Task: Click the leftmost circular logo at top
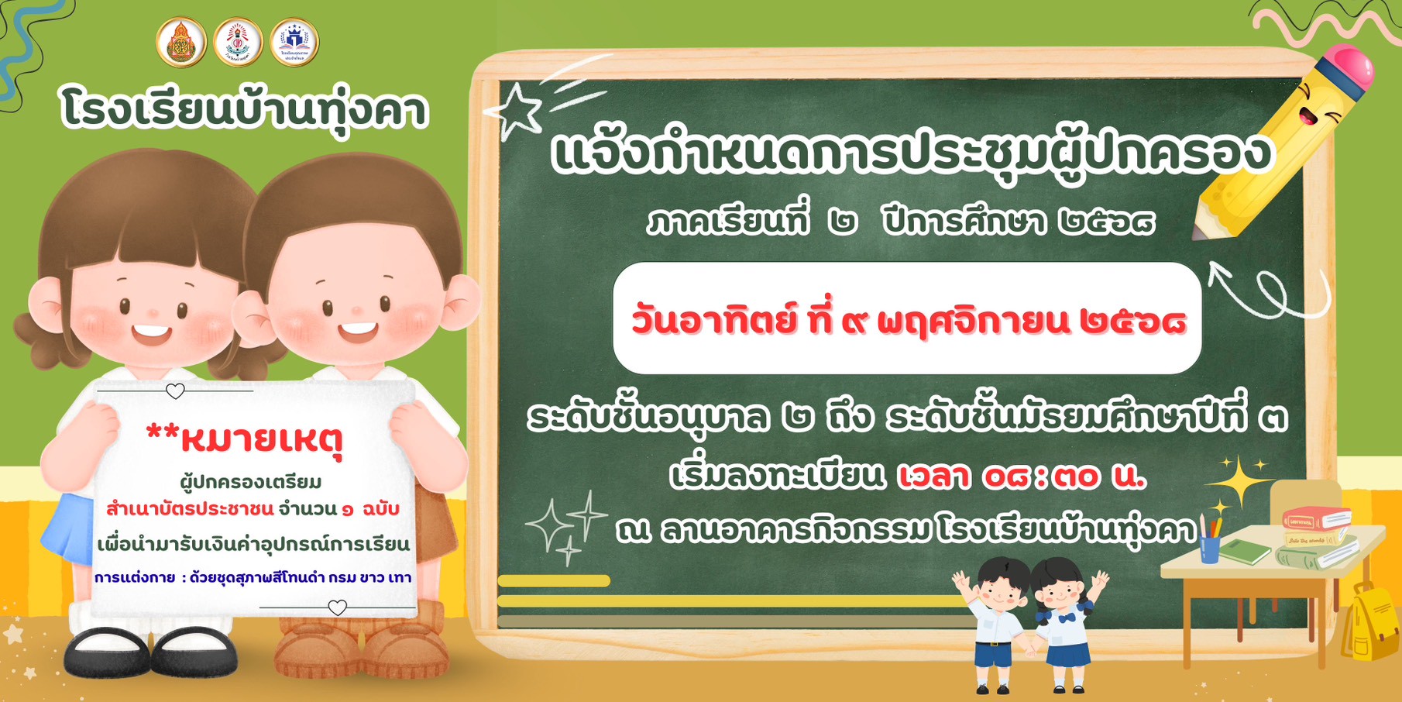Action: [181, 42]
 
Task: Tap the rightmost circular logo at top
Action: [294, 42]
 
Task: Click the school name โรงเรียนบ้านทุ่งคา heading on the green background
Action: [245, 109]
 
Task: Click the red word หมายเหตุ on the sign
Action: [261, 439]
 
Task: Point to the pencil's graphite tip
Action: [1198, 231]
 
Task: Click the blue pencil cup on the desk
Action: [1210, 548]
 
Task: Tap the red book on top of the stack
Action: [1316, 518]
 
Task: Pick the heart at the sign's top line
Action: [176, 391]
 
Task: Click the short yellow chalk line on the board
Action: [554, 580]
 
